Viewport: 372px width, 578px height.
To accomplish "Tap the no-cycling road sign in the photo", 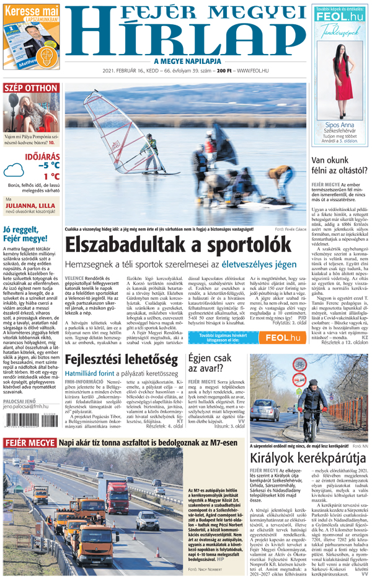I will (x=299, y=365).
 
